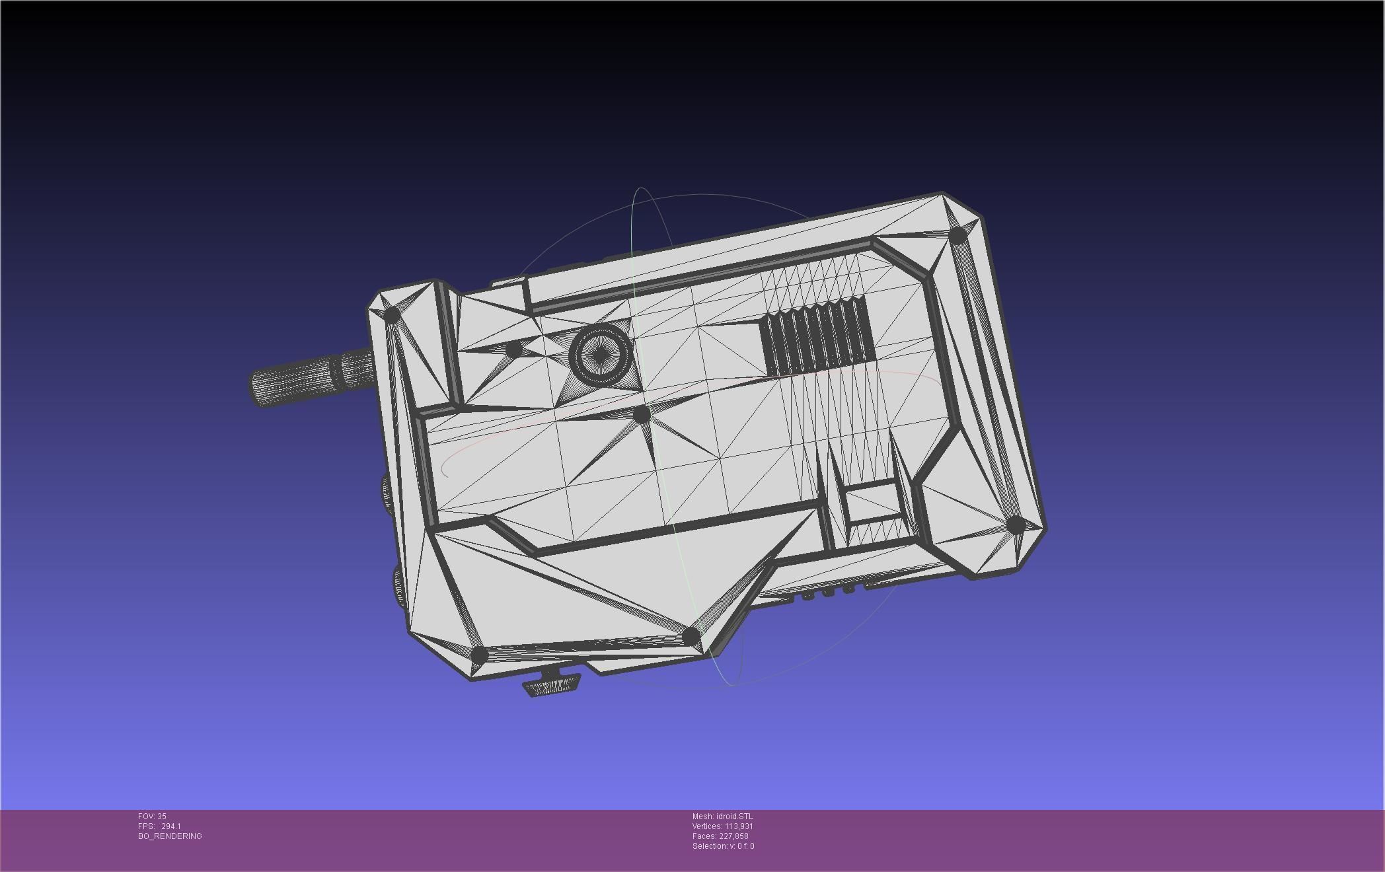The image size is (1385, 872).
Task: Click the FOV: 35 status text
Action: click(x=152, y=817)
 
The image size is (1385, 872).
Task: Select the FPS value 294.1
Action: click(x=170, y=826)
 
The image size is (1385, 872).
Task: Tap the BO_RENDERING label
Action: click(x=170, y=836)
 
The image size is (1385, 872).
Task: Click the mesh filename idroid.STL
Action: click(x=734, y=817)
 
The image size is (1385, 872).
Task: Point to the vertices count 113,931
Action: click(x=739, y=826)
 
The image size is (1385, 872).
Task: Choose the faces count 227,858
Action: click(x=733, y=836)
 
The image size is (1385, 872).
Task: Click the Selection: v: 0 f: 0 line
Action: click(x=723, y=846)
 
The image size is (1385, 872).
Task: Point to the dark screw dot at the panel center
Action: click(x=642, y=415)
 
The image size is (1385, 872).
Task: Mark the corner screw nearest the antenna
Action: click(x=392, y=314)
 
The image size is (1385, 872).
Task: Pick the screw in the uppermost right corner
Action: click(x=957, y=235)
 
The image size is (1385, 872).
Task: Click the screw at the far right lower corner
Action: click(x=1016, y=525)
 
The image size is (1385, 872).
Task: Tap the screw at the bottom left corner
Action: click(x=479, y=655)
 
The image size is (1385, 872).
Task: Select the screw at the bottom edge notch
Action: click(x=691, y=636)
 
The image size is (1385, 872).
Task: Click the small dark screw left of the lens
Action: click(x=514, y=348)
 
